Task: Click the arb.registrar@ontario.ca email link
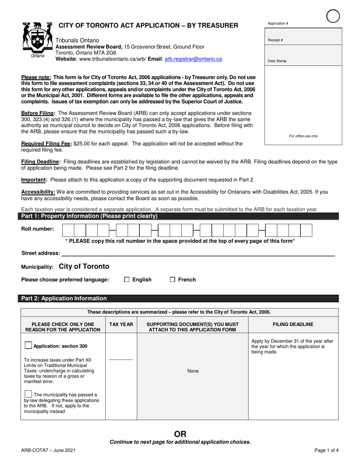point(193,59)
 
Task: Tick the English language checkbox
point(127,280)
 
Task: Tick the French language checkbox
point(172,280)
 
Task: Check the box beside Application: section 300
point(28,346)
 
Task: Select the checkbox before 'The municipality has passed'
point(28,394)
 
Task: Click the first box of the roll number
point(68,230)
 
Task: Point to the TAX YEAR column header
point(121,324)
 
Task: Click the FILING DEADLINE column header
point(293,324)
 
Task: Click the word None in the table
point(193,371)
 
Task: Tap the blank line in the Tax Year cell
point(121,359)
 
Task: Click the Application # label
point(278,23)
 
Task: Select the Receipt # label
point(275,40)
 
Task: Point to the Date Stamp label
point(277,61)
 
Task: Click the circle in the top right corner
point(333,16)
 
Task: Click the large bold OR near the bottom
point(180,434)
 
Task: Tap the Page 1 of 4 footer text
point(326,450)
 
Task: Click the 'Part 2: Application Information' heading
point(64,299)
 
